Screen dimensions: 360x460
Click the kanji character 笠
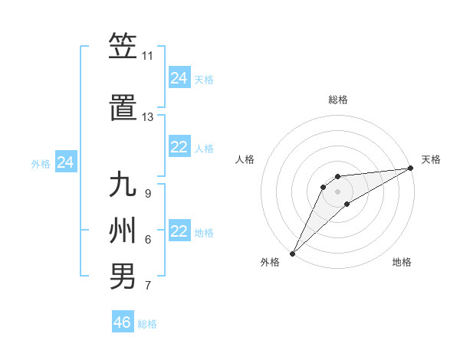click(x=123, y=47)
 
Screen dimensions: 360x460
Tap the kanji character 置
click(x=123, y=108)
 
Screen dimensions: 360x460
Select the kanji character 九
click(x=123, y=186)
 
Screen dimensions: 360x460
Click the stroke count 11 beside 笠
click(x=147, y=56)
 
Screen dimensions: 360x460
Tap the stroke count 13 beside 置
click(x=147, y=117)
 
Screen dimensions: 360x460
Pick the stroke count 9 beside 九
click(x=147, y=194)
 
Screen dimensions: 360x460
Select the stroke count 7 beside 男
click(x=147, y=286)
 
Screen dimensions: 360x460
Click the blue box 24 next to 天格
click(x=179, y=78)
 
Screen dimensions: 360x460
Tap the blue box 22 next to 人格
click(x=179, y=148)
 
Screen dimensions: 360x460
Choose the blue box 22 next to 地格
click(x=179, y=232)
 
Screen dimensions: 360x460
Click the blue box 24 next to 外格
click(x=66, y=162)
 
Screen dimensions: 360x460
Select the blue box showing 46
click(x=123, y=322)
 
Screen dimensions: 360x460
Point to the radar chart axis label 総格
click(x=338, y=100)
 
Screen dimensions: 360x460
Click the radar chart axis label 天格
click(x=431, y=159)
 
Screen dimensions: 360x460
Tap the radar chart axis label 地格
click(x=402, y=262)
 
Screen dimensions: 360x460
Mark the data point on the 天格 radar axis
click(x=412, y=168)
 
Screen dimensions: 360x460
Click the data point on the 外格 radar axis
click(x=292, y=253)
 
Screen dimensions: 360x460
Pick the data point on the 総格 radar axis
click(x=338, y=177)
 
